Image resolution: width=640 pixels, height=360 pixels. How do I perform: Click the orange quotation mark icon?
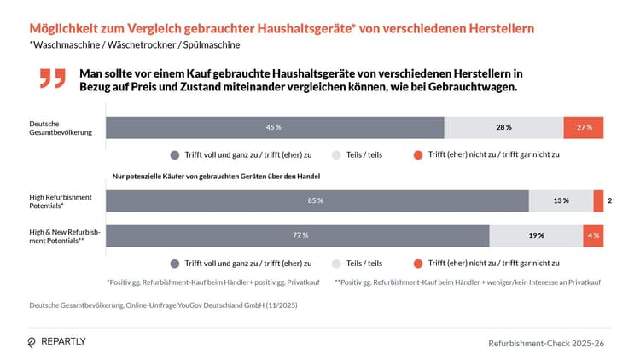pos(52,78)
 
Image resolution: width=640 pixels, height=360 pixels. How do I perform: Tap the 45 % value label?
pos(274,127)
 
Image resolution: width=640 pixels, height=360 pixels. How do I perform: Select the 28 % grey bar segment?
pos(503,127)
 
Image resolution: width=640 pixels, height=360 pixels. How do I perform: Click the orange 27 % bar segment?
pos(584,127)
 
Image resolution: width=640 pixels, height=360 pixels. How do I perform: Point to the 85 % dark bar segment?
pos(317,201)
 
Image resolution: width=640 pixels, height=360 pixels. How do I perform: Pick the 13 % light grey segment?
pos(561,201)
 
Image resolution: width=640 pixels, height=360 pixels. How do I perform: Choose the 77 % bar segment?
pos(297,235)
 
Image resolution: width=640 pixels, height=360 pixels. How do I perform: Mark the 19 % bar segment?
pos(536,235)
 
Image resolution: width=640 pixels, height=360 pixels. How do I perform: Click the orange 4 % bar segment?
pos(593,235)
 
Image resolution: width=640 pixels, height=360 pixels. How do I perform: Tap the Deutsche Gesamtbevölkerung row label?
pos(54,128)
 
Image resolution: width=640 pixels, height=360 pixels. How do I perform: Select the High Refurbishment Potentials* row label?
pos(61,201)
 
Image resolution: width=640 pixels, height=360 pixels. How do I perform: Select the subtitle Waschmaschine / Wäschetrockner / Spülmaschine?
pos(135,44)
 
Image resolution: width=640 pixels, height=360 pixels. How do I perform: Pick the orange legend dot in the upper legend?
pos(417,155)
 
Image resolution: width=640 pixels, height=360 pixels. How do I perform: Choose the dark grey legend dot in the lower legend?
pos(175,264)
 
